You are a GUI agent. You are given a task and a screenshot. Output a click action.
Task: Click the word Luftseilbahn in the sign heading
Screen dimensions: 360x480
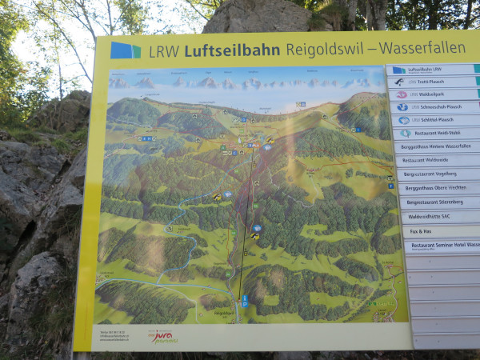[x=232, y=50]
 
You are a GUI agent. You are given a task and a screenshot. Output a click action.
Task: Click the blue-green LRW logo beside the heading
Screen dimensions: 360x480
[x=126, y=50]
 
